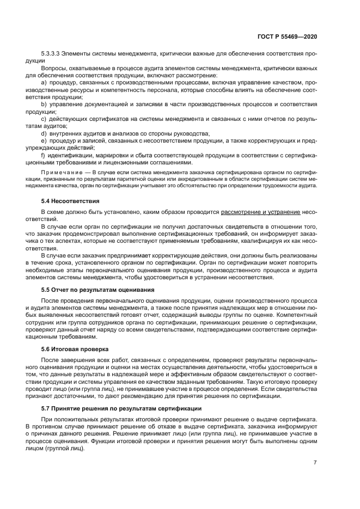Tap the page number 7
click(x=315, y=462)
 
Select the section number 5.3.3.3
click(x=52, y=54)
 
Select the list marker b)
click(x=44, y=103)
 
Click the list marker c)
click(x=44, y=118)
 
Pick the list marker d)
click(x=44, y=133)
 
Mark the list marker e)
click(x=44, y=140)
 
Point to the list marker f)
click(x=44, y=155)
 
